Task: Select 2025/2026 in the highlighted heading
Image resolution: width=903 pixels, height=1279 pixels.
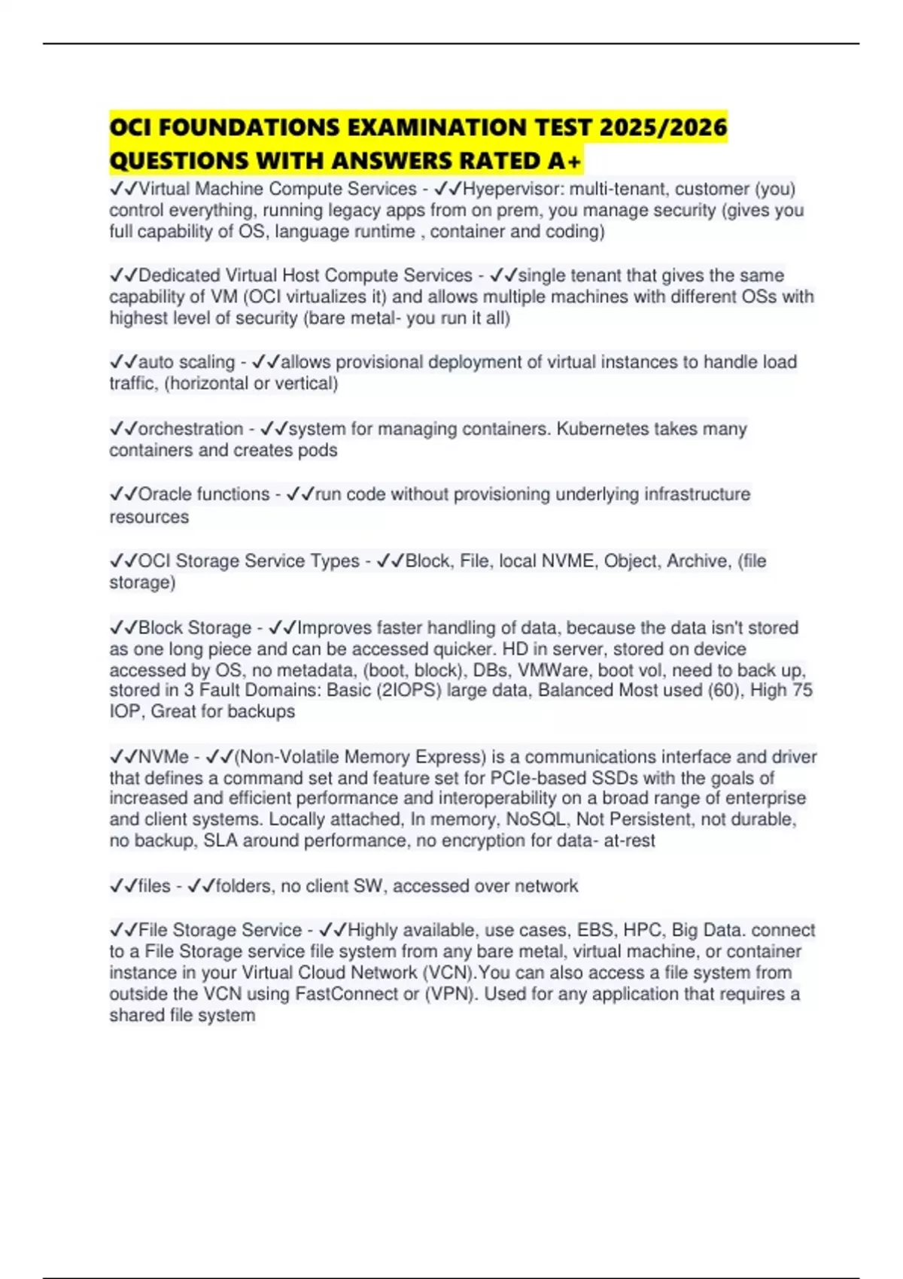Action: pos(663,126)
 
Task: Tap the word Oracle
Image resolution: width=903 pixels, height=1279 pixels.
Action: pos(166,494)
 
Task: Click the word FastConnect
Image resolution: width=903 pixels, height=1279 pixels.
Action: pos(347,994)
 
